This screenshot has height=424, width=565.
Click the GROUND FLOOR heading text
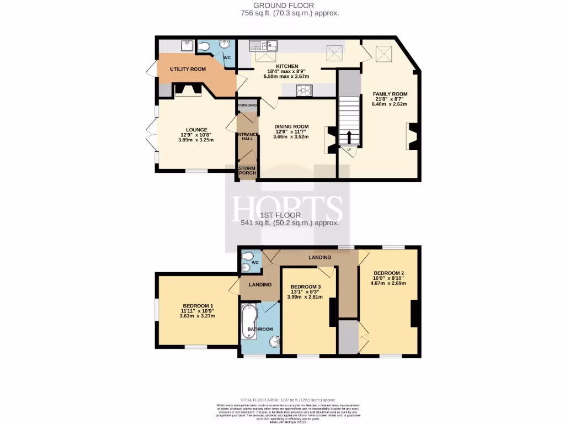point(290,5)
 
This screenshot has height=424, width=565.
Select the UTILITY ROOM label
point(188,69)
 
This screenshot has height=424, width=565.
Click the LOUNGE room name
point(196,130)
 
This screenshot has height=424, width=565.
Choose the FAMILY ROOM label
point(390,94)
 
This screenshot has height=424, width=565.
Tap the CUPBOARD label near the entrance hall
point(247,105)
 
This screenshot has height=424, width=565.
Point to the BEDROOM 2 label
point(388,273)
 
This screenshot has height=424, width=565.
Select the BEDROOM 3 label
point(305,287)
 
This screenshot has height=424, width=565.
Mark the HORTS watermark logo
point(287,208)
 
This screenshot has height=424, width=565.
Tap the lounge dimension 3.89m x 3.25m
point(196,140)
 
